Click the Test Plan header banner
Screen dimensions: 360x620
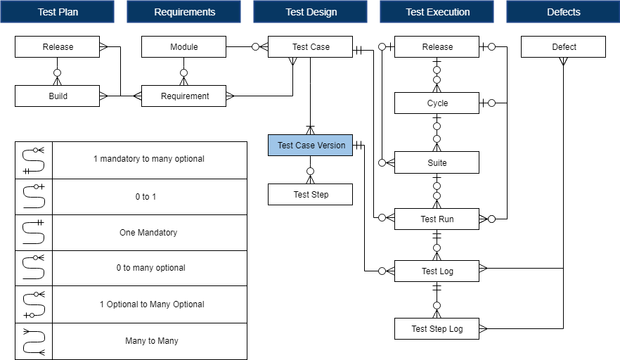[58, 12]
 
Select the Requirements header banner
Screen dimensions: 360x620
[184, 12]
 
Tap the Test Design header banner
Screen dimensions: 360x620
[311, 12]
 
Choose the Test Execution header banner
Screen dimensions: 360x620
[437, 12]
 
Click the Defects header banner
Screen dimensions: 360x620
[563, 12]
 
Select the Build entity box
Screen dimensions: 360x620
[58, 96]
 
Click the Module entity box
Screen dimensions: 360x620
[183, 47]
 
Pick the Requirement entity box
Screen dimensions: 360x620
[184, 96]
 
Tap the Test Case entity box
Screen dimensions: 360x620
[310, 47]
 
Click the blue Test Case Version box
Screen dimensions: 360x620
[311, 146]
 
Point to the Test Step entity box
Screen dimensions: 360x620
[311, 195]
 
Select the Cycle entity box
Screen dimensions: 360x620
[437, 103]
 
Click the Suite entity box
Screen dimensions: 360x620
[437, 163]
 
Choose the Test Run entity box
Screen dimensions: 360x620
[437, 219]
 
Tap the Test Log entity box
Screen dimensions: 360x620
[437, 271]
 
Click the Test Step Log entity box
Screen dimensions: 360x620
[437, 328]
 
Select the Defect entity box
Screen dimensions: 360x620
[563, 47]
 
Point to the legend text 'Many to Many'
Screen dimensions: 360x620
[148, 341]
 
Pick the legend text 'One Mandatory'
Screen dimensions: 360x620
[148, 233]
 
